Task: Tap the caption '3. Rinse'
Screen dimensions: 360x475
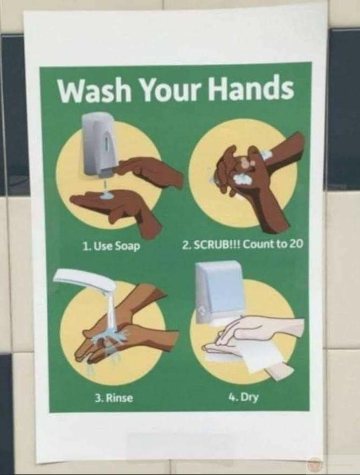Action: [x=114, y=397]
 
